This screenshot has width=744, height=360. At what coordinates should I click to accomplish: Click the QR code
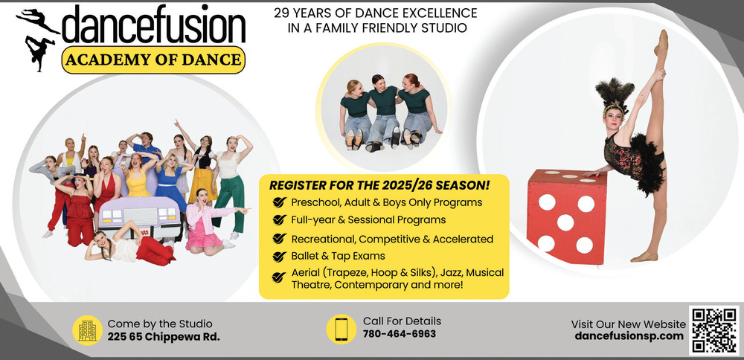tap(714, 330)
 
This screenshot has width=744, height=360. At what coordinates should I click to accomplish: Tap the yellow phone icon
tap(341, 330)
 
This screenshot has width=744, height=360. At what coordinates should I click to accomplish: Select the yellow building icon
tap(87, 330)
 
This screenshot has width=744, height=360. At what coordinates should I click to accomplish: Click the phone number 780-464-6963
tap(399, 334)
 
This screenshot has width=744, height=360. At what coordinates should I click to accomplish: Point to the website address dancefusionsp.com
tap(629, 336)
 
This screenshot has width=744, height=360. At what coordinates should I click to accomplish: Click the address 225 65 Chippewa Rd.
tap(164, 337)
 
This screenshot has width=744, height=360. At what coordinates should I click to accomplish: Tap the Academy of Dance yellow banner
tap(153, 60)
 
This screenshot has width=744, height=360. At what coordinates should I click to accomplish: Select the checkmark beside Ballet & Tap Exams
tap(279, 257)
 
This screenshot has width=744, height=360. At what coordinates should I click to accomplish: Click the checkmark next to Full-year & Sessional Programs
tap(279, 220)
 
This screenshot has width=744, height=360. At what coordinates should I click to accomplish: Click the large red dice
tap(566, 216)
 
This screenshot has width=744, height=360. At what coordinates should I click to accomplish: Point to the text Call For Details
tap(402, 321)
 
